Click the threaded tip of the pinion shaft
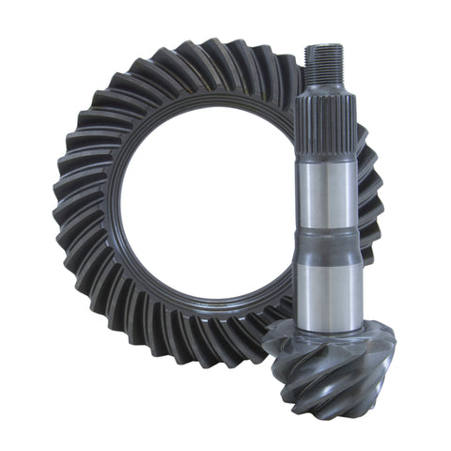pyautogui.click(x=323, y=67)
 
